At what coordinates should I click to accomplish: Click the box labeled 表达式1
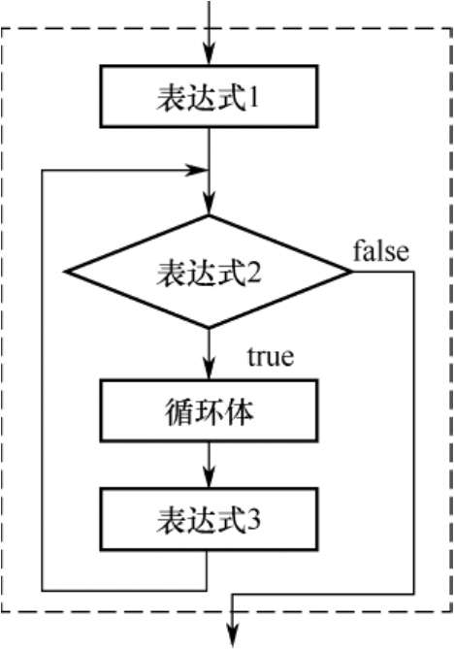(x=209, y=96)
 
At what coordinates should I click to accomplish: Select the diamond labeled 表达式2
(x=209, y=272)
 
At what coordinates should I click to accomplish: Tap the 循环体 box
(x=209, y=410)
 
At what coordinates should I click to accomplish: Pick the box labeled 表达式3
(x=209, y=519)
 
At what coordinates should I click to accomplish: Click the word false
(x=381, y=251)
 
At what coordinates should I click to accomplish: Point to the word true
(x=271, y=356)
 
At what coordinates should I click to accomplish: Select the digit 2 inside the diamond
(x=254, y=273)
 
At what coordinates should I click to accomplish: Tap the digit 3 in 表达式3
(x=254, y=520)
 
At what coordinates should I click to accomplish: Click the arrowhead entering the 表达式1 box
(x=209, y=57)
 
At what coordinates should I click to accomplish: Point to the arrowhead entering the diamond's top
(x=209, y=207)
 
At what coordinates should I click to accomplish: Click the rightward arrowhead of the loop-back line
(x=198, y=170)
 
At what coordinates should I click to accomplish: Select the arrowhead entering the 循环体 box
(x=209, y=370)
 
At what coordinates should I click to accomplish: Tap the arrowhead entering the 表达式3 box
(x=209, y=479)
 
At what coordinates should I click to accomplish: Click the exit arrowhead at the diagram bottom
(x=234, y=636)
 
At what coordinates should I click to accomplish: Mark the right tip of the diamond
(x=352, y=272)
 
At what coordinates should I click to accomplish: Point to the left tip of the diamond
(x=65, y=272)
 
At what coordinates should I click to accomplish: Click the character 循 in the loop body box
(x=178, y=411)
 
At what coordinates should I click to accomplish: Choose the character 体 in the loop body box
(x=240, y=411)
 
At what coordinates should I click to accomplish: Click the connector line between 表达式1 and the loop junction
(x=209, y=148)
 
